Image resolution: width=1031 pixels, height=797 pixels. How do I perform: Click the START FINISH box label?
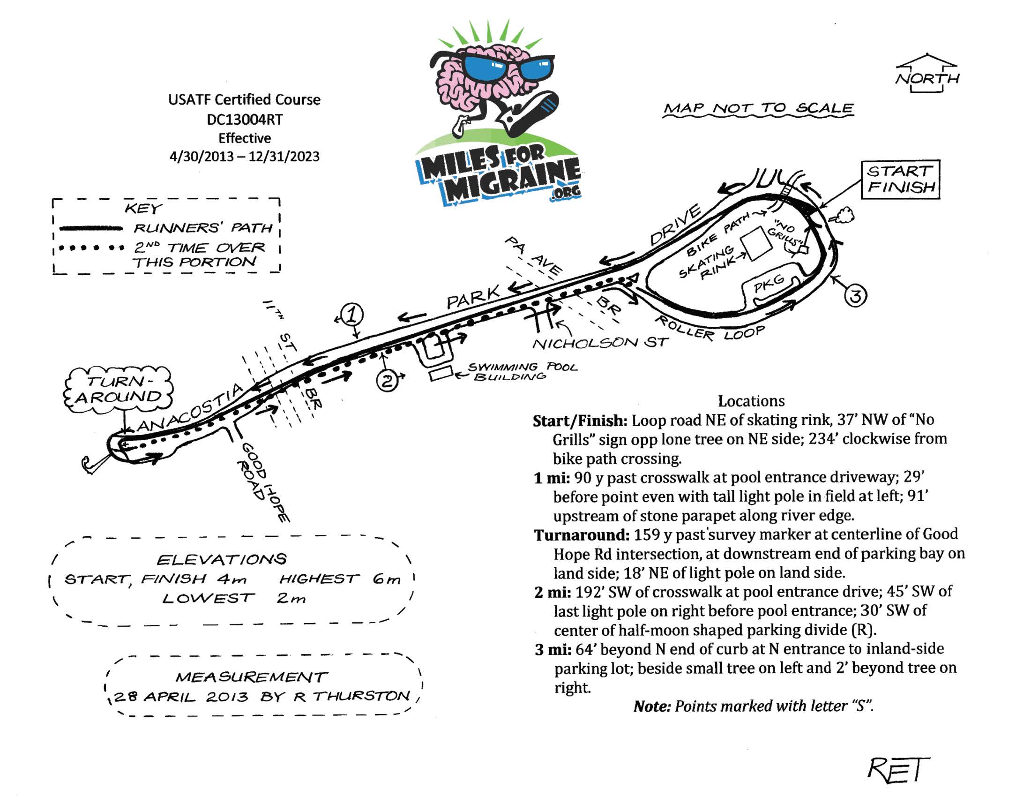(900, 179)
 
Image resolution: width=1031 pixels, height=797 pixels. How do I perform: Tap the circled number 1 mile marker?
(352, 315)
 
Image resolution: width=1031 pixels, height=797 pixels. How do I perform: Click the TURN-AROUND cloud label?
(119, 390)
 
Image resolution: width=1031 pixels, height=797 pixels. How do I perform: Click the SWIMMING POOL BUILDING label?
(522, 371)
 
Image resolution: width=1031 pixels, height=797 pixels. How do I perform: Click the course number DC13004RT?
(245, 120)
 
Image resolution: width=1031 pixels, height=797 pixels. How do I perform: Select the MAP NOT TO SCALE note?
(758, 109)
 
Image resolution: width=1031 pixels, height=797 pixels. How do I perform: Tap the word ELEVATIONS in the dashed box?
(221, 559)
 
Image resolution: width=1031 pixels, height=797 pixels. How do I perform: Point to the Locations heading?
(751, 401)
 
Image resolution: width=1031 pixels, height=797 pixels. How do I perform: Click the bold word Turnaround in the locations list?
(581, 535)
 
